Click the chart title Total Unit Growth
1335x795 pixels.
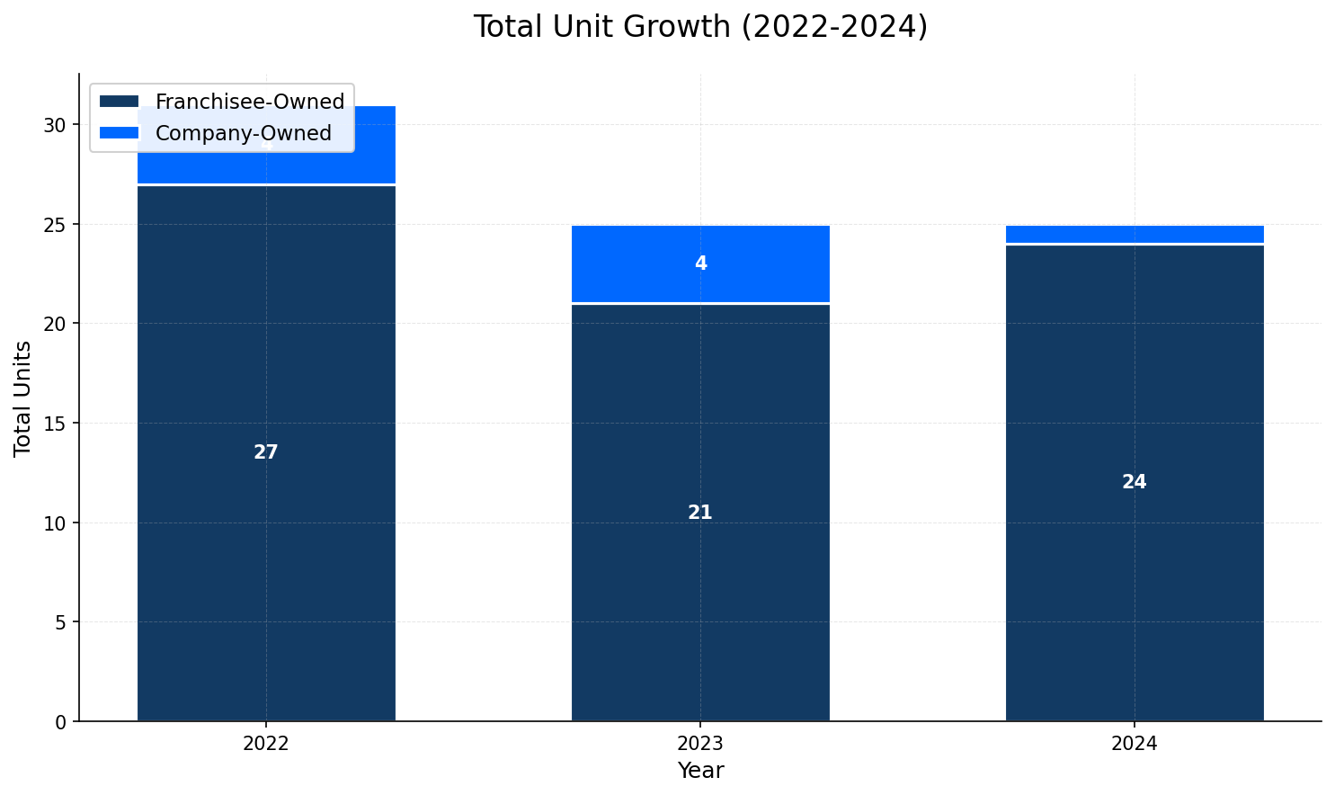tap(700, 27)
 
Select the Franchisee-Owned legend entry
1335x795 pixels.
tap(249, 103)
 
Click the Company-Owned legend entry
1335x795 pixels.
tap(243, 134)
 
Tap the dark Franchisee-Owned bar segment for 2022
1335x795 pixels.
tap(266, 540)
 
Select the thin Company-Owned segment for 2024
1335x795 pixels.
tap(1135, 235)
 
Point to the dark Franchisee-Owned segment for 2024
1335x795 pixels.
tap(1135, 585)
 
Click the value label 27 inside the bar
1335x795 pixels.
tap(266, 453)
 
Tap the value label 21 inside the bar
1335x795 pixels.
tap(700, 514)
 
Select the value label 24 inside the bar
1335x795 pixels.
tap(1135, 483)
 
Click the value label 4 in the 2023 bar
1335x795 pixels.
tap(700, 264)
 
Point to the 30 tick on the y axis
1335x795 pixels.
tap(56, 125)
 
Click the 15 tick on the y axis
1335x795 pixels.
tap(56, 424)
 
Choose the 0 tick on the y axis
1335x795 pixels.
tap(61, 722)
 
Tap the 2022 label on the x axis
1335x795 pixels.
tap(266, 745)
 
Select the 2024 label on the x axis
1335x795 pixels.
tap(1135, 745)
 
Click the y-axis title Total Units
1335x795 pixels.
tap(23, 398)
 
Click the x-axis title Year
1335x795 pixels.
tap(700, 772)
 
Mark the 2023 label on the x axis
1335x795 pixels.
tap(700, 745)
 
